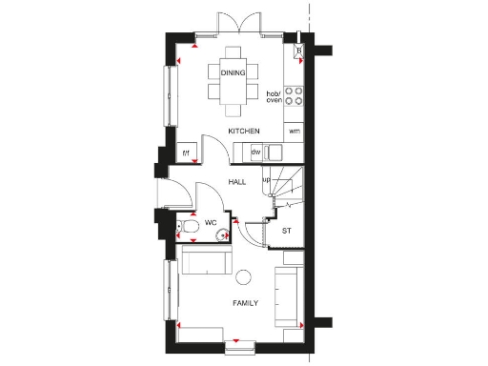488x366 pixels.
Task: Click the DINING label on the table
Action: pos(233,72)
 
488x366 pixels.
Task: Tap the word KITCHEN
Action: pos(243,131)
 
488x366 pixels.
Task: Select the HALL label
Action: pos(238,180)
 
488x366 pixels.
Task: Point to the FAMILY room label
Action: pos(248,303)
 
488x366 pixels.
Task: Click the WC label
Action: pos(211,224)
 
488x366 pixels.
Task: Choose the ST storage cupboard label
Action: pos(286,231)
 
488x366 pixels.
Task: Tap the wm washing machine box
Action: pos(295,131)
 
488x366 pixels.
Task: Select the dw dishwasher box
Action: pos(255,152)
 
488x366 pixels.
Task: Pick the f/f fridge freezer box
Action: pos(186,152)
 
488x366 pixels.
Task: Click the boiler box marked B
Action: pos(298,51)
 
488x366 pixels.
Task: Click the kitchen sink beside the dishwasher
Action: pos(274,152)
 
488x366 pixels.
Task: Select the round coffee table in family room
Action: pos(243,275)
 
